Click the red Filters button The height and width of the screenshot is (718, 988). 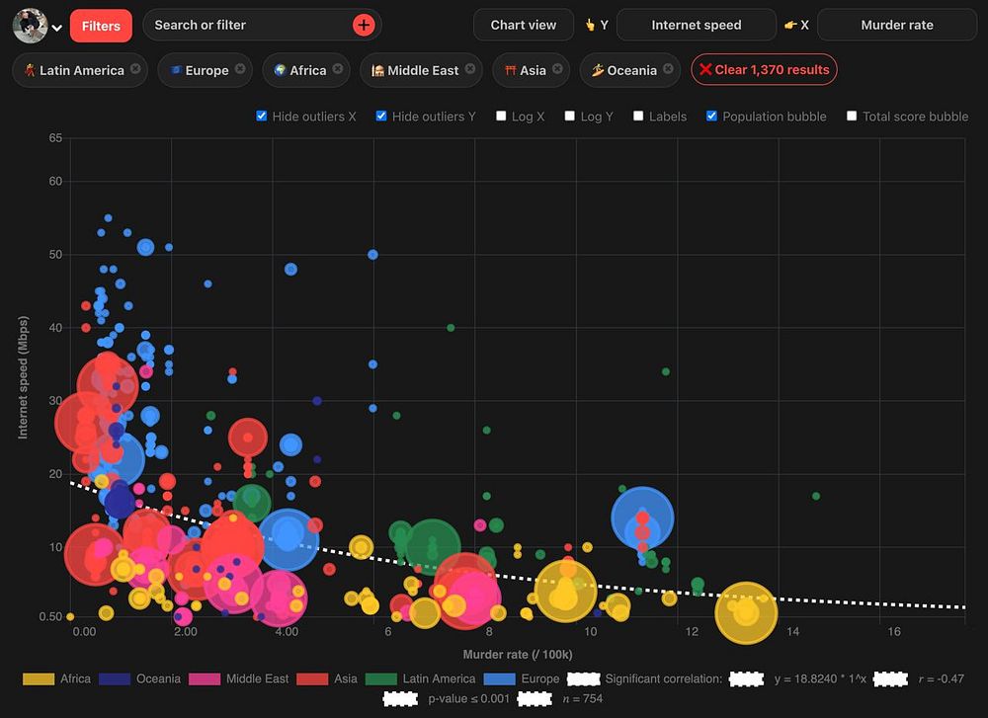point(101,26)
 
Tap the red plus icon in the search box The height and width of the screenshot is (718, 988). point(364,26)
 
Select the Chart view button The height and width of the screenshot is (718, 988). point(524,25)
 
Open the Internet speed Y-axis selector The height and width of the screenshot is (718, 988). point(696,25)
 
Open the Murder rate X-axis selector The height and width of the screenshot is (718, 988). point(896,25)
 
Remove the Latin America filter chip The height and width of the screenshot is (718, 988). point(135,69)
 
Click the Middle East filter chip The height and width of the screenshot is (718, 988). point(418,70)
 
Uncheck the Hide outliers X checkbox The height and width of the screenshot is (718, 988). point(262,117)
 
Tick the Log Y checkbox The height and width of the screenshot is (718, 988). point(570,117)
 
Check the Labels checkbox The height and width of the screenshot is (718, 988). point(639,117)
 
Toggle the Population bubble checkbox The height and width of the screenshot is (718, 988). point(712,117)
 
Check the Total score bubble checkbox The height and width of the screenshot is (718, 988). point(852,117)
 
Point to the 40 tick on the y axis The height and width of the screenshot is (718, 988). point(55,328)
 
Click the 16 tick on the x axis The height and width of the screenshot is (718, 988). point(894,632)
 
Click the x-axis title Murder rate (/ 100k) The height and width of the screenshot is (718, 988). point(517,655)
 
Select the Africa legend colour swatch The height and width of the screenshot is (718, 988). point(39,678)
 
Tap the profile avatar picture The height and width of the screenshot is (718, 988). point(30,26)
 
